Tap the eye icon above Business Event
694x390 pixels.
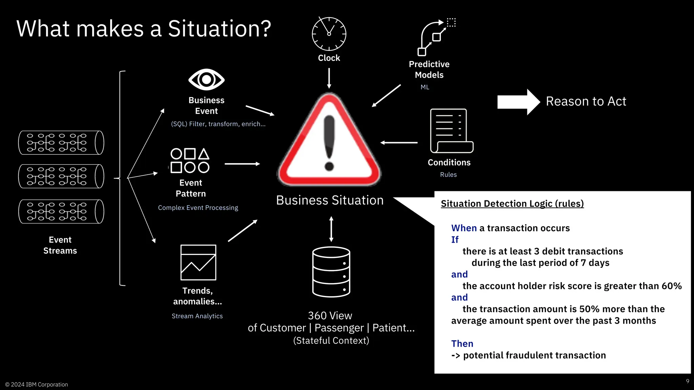pyautogui.click(x=206, y=80)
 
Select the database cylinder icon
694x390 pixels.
pyautogui.click(x=331, y=272)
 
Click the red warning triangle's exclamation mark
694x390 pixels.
pyautogui.click(x=329, y=142)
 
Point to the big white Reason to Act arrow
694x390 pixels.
pyautogui.click(x=518, y=102)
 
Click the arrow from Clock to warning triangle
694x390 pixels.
pyautogui.click(x=329, y=78)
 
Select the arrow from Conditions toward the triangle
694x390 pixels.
pyautogui.click(x=399, y=143)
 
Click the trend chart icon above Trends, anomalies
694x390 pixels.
pyautogui.click(x=198, y=262)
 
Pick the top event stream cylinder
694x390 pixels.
pyautogui.click(x=61, y=143)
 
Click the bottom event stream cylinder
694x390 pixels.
pyautogui.click(x=61, y=211)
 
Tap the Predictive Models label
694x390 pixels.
pyautogui.click(x=429, y=69)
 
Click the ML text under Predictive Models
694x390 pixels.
pyautogui.click(x=425, y=87)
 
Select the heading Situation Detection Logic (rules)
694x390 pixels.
pyautogui.click(x=512, y=203)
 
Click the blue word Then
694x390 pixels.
pyautogui.click(x=462, y=344)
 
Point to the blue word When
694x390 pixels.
pyautogui.click(x=464, y=228)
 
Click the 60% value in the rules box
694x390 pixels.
pyautogui.click(x=671, y=286)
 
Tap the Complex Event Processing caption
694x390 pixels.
pyautogui.click(x=198, y=208)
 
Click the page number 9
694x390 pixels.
pyautogui.click(x=687, y=381)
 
